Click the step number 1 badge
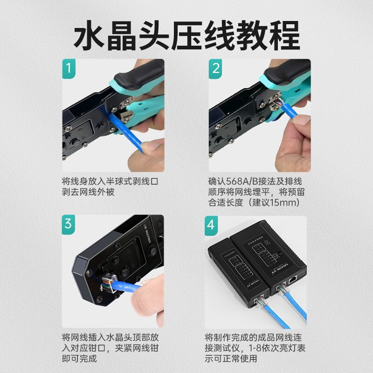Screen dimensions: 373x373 (69, 68)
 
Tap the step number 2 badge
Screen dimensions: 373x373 (215, 68)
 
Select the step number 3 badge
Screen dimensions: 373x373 (69, 224)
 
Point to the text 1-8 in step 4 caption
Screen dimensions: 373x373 (248, 348)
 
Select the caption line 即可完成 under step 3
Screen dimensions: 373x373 (79, 359)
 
